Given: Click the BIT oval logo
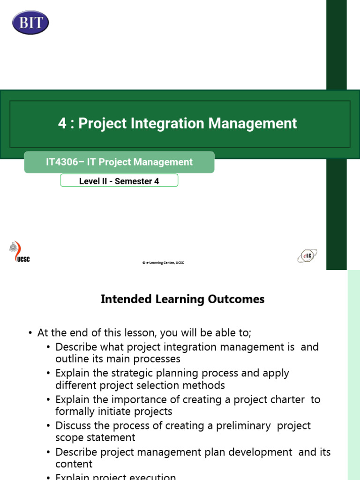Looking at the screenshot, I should pos(30,22).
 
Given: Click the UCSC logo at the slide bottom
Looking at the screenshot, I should pos(20,253).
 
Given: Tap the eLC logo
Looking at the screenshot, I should pos(307,256).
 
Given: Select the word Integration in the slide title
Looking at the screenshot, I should pos(167,123).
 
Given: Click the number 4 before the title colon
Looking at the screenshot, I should pos(62,123).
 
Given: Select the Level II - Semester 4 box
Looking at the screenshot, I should pos(119,181).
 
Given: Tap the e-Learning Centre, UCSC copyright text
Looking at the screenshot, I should pos(163,263).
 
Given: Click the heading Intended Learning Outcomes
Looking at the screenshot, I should pos(183,299).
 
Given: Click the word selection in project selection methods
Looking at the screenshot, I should pos(165,385).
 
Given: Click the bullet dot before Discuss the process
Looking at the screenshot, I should pos(49,426).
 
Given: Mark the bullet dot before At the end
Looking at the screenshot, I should pos(31,333).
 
